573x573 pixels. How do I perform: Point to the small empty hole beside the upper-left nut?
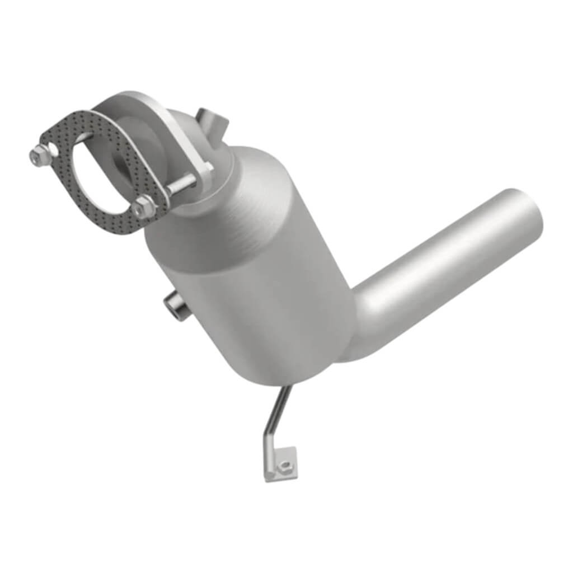pos(51,148)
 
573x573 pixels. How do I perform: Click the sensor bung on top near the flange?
pos(211,121)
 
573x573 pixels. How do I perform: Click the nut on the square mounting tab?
pos(285,464)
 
